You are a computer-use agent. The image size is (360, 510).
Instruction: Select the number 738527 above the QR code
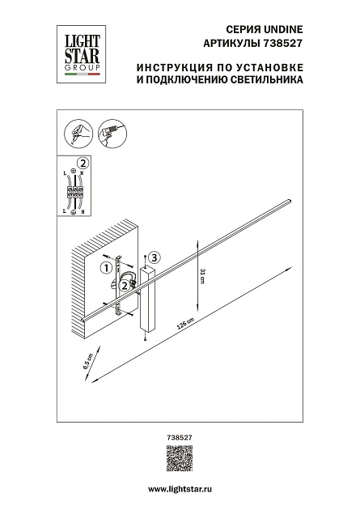tap(180, 437)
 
